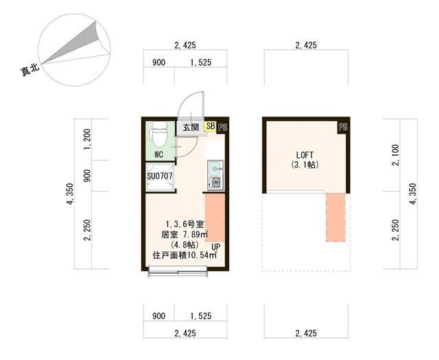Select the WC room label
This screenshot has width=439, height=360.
[x=158, y=154]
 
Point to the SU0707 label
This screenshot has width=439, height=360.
[x=160, y=176]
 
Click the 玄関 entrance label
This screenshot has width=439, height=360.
[x=190, y=128]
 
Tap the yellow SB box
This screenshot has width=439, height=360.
[x=210, y=127]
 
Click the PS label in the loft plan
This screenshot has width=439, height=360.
[x=342, y=127]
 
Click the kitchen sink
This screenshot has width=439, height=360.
[x=213, y=167]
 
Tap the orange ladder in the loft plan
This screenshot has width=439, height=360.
[x=335, y=217]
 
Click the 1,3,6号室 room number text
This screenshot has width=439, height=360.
[x=184, y=224]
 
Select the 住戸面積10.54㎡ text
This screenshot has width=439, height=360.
[x=184, y=256]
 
